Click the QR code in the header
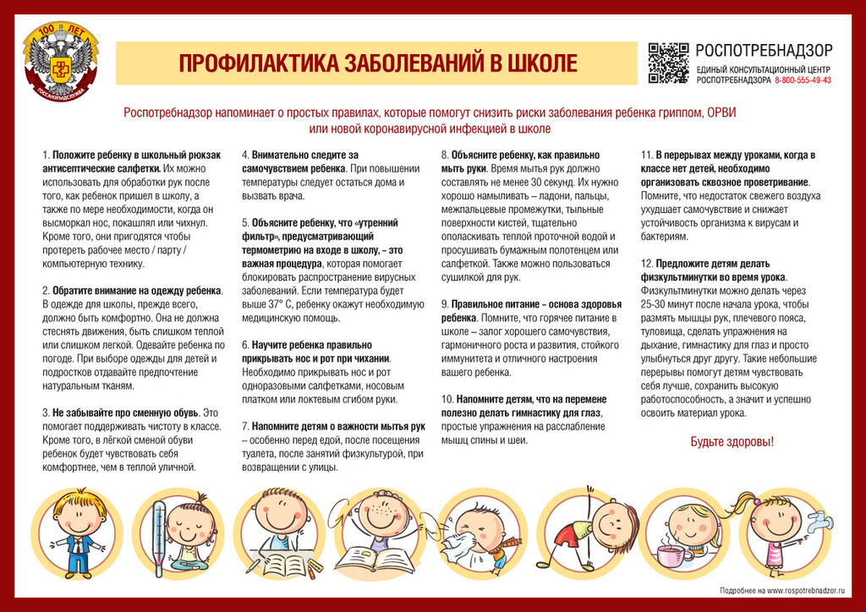[x=668, y=63]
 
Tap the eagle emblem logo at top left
[x=60, y=63]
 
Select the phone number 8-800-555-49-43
[x=803, y=80]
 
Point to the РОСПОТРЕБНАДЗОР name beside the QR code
[x=764, y=50]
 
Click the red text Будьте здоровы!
[x=732, y=441]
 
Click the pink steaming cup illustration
[x=674, y=555]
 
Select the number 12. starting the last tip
[x=647, y=263]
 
